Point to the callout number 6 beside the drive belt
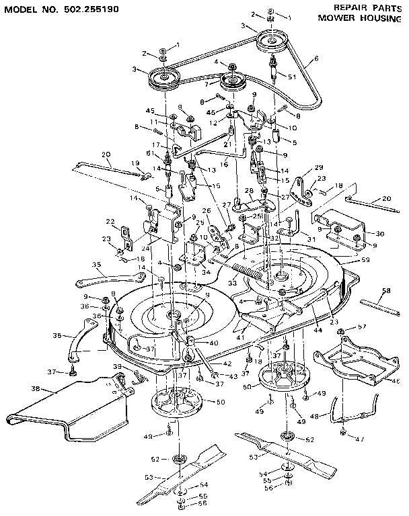(x=315, y=59)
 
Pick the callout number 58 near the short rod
(x=385, y=292)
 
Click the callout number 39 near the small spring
(x=117, y=367)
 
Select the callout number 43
(x=234, y=376)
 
